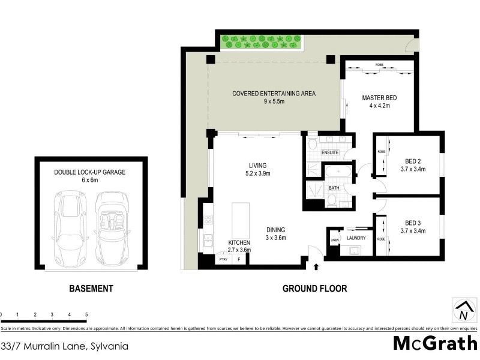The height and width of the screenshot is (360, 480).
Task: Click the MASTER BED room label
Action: [x=379, y=98]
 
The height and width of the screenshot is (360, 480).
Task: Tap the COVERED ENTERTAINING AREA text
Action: [x=274, y=94]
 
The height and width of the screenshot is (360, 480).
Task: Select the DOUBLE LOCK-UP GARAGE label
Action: [x=89, y=172]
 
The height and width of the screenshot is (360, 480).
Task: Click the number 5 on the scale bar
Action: [x=87, y=314]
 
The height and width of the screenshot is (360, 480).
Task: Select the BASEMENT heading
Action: [x=91, y=289]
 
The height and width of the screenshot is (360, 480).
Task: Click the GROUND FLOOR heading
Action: [x=314, y=289]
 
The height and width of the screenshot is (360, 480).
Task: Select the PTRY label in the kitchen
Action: [x=223, y=259]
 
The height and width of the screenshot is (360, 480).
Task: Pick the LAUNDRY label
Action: [x=356, y=238]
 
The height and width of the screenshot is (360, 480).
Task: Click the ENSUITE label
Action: [x=331, y=152]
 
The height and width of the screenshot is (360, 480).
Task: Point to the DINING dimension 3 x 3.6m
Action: [x=276, y=238]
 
